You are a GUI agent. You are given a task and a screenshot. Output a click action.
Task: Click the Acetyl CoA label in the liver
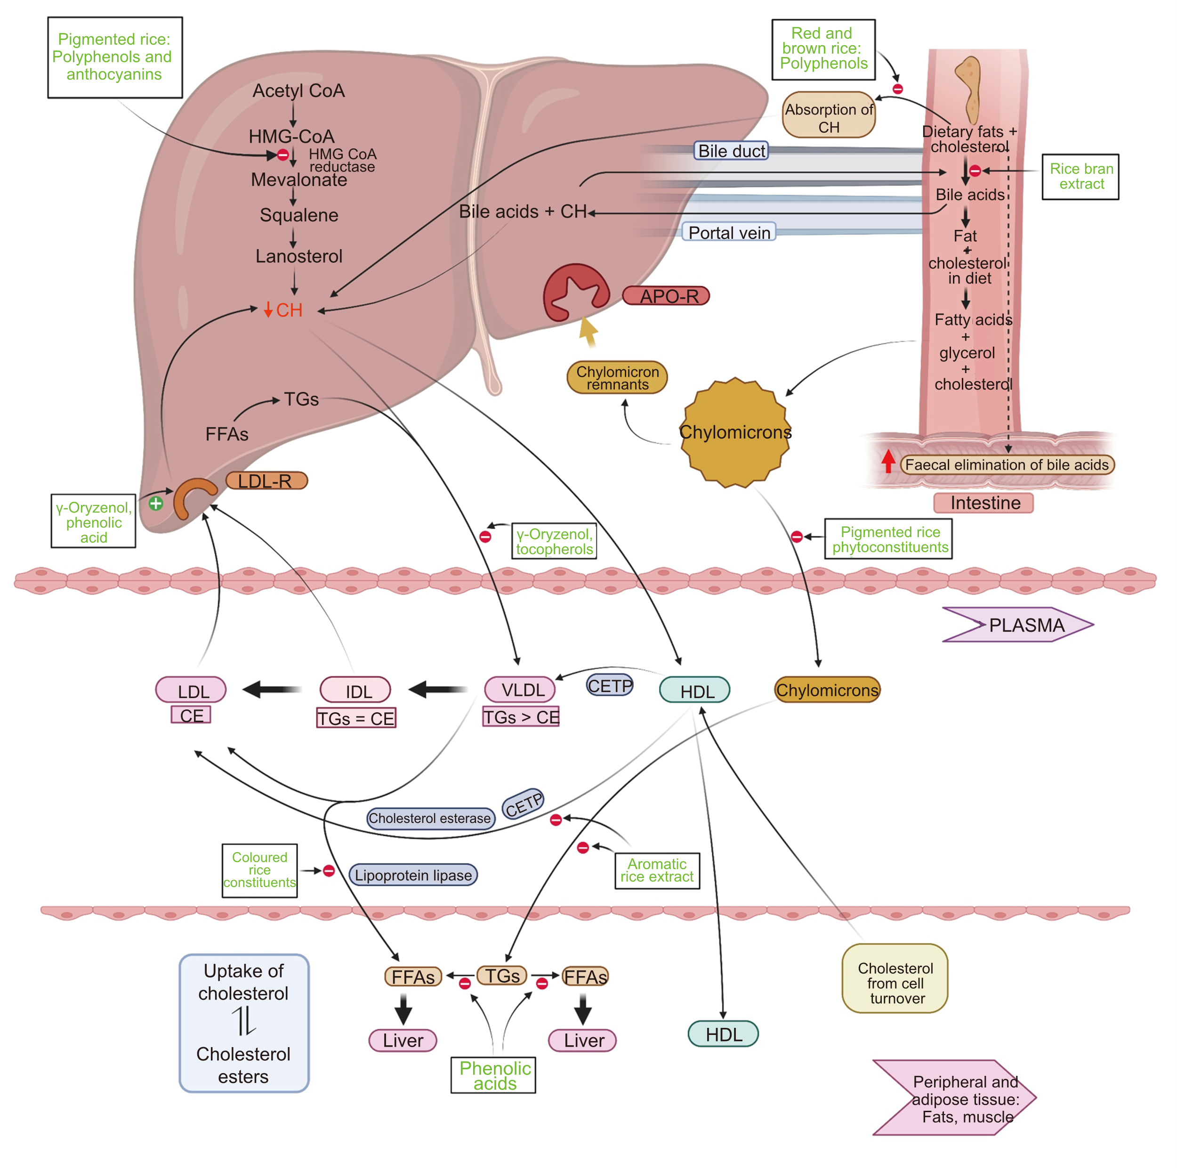[298, 91]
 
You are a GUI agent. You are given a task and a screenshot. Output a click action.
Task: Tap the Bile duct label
[731, 151]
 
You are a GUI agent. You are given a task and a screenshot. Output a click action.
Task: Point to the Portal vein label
[729, 232]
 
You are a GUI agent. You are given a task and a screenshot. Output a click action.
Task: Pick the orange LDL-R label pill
[266, 481]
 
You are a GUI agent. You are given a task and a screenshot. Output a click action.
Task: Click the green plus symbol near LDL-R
[156, 504]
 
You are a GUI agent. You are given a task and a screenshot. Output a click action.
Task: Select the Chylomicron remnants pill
[617, 378]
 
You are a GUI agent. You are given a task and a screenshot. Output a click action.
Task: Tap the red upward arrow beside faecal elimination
[888, 461]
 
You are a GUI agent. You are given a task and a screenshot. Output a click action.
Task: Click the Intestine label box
[984, 503]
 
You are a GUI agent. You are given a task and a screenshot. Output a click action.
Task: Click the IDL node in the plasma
[356, 691]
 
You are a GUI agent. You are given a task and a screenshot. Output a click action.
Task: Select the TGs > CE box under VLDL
[521, 717]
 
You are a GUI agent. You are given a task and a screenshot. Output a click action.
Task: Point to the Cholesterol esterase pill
[430, 818]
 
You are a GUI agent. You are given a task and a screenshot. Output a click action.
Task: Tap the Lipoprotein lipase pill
[413, 875]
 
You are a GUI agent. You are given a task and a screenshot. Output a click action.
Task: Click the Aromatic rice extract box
[657, 871]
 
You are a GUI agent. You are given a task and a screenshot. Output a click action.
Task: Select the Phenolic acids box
[493, 1075]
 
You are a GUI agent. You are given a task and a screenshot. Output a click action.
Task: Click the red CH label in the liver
[284, 310]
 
